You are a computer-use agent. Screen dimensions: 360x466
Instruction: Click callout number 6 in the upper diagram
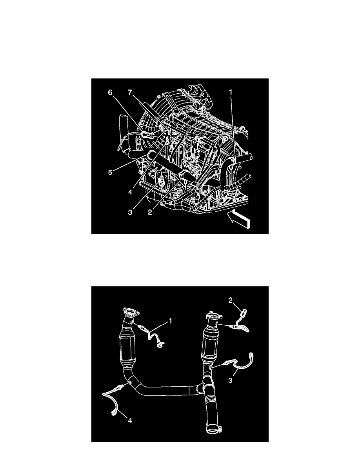click(x=110, y=93)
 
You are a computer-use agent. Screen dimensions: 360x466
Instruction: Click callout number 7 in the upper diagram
click(x=130, y=93)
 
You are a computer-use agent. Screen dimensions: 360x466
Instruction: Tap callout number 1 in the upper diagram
click(x=231, y=93)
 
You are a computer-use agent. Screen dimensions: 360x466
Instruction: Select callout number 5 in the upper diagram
click(x=110, y=172)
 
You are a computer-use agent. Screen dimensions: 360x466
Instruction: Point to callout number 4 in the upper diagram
click(x=130, y=192)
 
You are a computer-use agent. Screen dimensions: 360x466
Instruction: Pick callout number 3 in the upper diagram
click(x=130, y=213)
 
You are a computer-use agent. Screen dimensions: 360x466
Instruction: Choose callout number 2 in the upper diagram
click(x=150, y=213)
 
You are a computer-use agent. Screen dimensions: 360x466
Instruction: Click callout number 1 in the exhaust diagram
click(x=171, y=321)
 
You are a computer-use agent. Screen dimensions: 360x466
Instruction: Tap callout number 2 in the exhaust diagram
click(x=231, y=301)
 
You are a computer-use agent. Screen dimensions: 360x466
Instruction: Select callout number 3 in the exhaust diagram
click(x=231, y=380)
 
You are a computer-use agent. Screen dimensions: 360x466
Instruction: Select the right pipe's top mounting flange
click(x=213, y=317)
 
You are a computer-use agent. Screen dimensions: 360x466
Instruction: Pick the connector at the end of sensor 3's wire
click(x=252, y=355)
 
